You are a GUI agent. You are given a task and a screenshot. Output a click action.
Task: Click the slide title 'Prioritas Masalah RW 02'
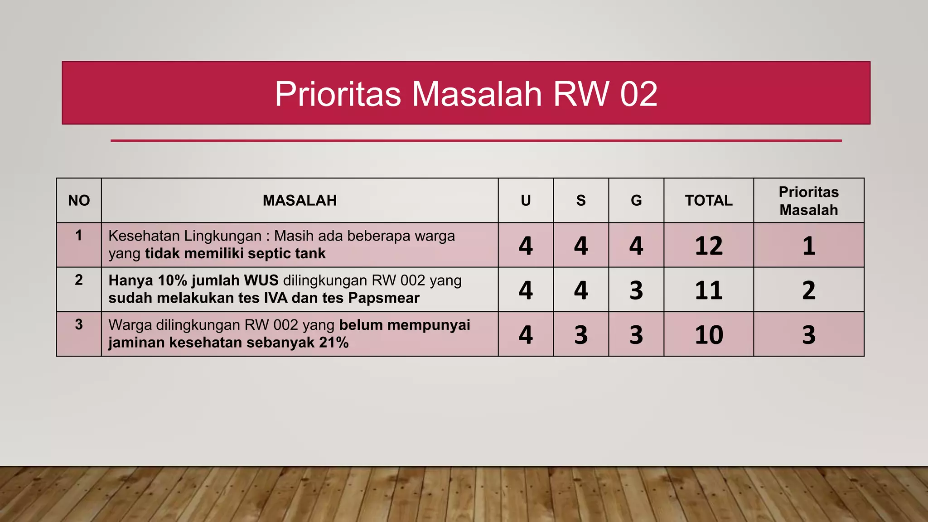(x=466, y=94)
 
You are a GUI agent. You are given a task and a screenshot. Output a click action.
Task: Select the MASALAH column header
(x=300, y=200)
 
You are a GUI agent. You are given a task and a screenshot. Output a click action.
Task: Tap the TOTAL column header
(x=709, y=200)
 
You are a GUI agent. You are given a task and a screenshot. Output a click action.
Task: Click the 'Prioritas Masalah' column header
(x=808, y=201)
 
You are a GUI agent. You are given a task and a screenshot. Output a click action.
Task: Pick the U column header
(x=526, y=200)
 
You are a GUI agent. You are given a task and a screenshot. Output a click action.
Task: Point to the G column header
(x=636, y=200)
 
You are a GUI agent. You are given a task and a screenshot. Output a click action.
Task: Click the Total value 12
(x=709, y=246)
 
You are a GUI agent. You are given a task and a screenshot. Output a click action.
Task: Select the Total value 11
(x=709, y=290)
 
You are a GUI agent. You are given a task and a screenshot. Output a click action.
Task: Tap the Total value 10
(x=709, y=335)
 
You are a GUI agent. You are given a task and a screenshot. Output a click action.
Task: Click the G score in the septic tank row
(x=636, y=246)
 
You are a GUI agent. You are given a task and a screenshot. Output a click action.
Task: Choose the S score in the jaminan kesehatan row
(x=581, y=335)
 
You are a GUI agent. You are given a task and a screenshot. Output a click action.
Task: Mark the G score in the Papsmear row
(x=636, y=290)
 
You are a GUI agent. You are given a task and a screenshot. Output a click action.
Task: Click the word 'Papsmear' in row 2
(x=384, y=298)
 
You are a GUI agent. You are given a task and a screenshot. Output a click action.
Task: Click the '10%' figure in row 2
(x=172, y=280)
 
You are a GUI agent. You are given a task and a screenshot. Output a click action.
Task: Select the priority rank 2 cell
(x=808, y=290)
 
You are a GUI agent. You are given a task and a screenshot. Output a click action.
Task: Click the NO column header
(x=79, y=200)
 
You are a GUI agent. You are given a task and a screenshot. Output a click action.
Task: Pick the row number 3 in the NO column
(x=79, y=324)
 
